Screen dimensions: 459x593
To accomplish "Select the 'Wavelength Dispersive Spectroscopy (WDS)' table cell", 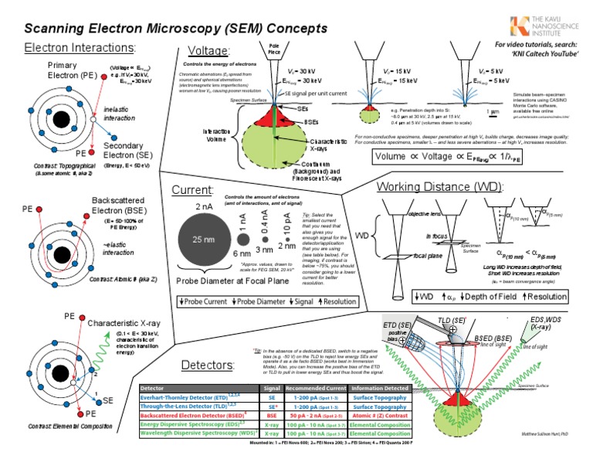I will pyautogui.click(x=198, y=434).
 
